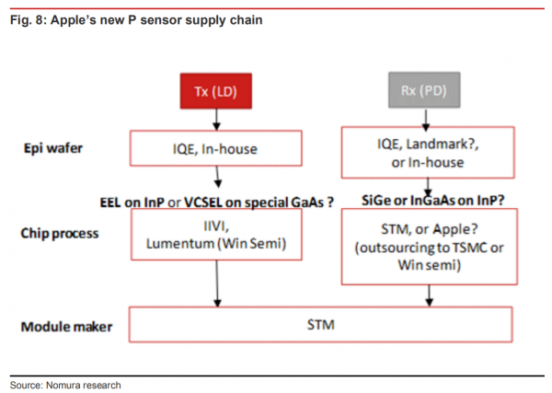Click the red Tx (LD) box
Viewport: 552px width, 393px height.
(x=217, y=93)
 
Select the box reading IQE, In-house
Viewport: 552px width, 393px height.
(x=217, y=146)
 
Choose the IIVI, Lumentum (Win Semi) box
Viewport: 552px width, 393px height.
(x=217, y=235)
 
